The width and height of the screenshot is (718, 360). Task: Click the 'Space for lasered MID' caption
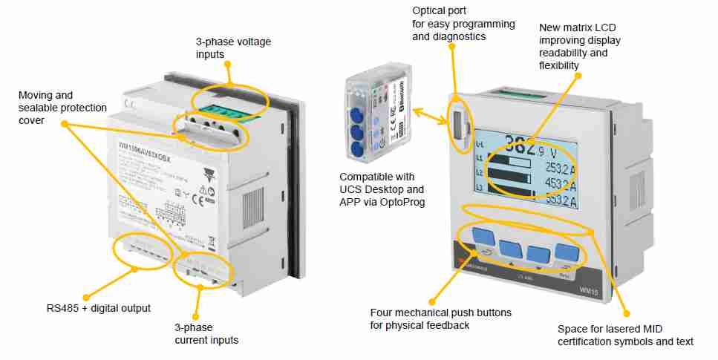coord(625,335)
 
